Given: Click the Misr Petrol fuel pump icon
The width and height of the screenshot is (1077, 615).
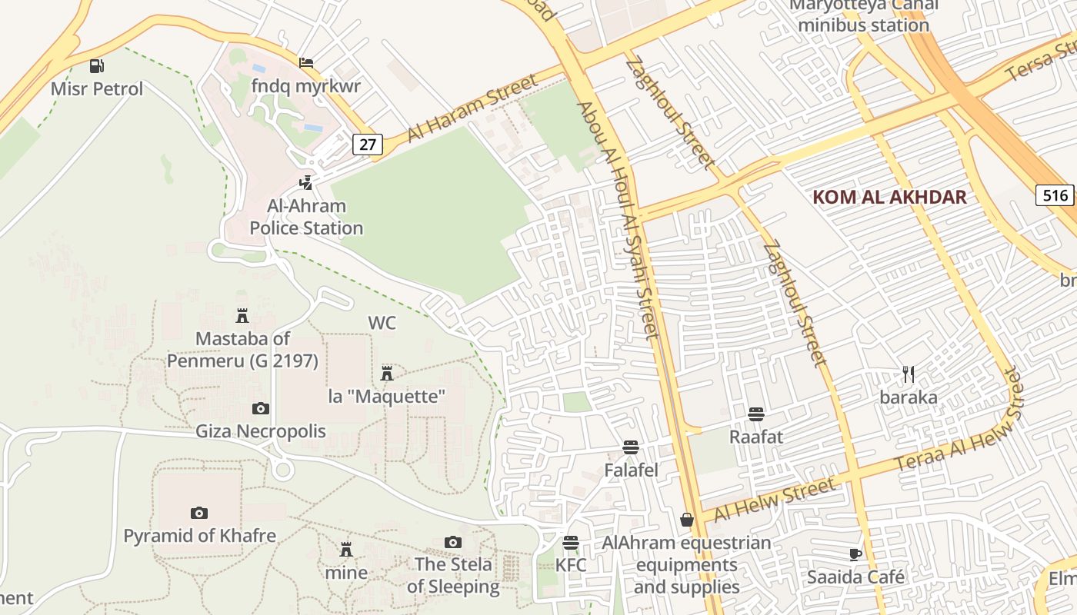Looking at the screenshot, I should [96, 66].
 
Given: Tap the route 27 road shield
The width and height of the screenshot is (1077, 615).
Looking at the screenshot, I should [368, 144].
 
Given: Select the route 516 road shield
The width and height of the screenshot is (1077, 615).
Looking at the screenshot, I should [1055, 195].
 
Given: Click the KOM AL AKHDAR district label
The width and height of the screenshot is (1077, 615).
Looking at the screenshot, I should [889, 197].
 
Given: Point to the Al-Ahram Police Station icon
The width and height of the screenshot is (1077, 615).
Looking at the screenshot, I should [306, 183].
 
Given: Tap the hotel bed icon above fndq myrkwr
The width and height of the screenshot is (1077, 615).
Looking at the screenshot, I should [306, 62].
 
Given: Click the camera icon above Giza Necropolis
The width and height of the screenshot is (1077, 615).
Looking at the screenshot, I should [261, 408].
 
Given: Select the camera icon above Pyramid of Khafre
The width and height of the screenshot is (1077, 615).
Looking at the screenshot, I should [199, 513].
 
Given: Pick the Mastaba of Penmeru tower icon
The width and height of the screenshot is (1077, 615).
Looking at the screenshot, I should [242, 315].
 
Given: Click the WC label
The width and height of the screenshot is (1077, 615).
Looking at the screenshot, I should [382, 323].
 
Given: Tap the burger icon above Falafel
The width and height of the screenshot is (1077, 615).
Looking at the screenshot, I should [631, 447].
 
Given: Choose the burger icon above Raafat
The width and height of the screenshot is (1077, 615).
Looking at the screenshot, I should [755, 414].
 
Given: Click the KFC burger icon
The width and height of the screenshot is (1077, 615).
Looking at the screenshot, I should [570, 543].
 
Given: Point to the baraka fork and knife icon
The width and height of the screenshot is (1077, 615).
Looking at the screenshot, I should [909, 374].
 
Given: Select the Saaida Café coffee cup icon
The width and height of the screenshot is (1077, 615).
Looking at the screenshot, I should [855, 554].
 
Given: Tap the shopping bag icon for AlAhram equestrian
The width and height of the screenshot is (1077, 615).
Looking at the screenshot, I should [686, 520].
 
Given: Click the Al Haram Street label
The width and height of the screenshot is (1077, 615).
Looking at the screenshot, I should [472, 108].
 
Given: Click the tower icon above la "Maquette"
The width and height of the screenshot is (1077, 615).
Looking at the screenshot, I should [387, 374].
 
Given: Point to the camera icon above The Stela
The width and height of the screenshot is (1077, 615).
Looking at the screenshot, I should [453, 543].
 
